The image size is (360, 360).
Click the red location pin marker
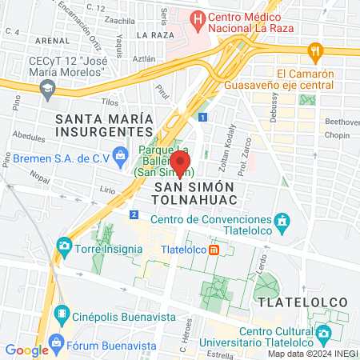[x=181, y=162]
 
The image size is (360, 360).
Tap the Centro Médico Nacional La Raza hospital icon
[x=196, y=18]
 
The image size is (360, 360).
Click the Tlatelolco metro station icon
[x=214, y=249]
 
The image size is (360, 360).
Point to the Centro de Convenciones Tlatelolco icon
[x=282, y=220]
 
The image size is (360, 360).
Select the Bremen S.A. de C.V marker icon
[x=120, y=153]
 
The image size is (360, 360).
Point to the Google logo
[x=27, y=350]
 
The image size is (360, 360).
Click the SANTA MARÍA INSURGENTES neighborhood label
[x=104, y=124]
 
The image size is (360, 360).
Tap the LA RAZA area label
[x=154, y=35]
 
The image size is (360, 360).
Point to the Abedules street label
[x=29, y=137]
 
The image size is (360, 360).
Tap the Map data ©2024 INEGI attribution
[x=312, y=353]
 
